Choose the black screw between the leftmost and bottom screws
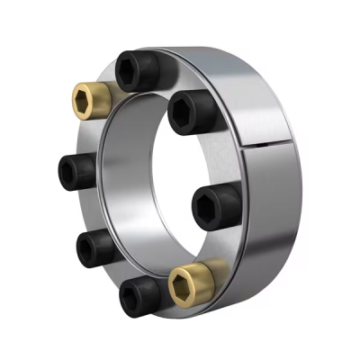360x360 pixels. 95,247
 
